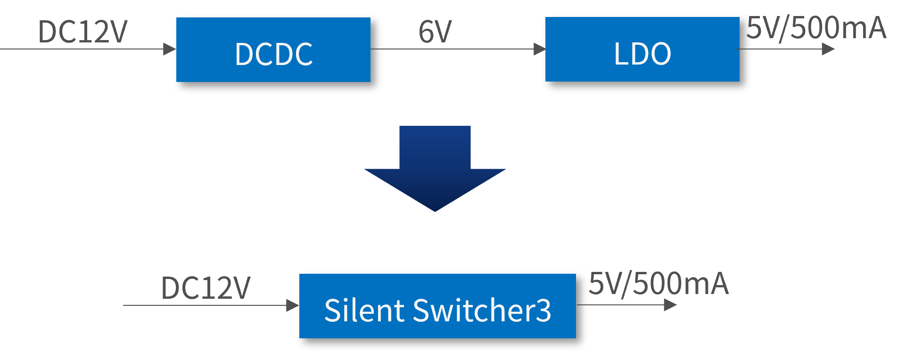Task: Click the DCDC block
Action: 273,49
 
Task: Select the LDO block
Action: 642,49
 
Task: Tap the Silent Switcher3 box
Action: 437,306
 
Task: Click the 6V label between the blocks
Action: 435,32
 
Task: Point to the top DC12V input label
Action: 82,32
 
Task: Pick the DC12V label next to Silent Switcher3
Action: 206,288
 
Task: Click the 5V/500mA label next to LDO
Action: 816,28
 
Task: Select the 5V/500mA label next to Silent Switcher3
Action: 659,284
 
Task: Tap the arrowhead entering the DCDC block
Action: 169,49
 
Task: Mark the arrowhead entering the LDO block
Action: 539,49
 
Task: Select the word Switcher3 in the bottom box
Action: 482,311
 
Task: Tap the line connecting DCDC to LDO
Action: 453,49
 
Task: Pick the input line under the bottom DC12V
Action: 203,305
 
